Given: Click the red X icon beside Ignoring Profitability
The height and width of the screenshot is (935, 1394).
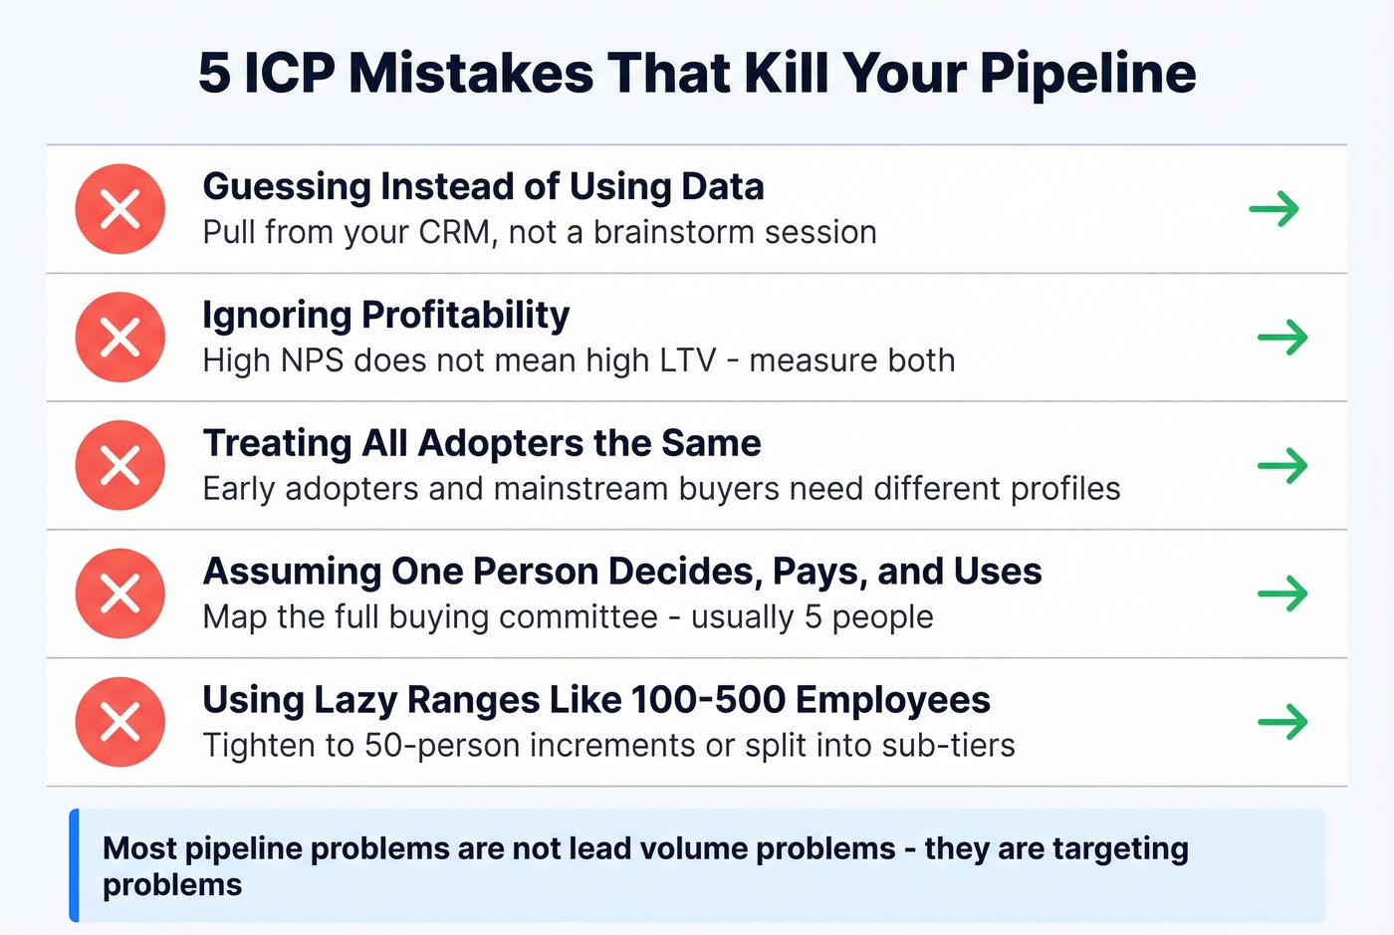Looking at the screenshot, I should pyautogui.click(x=120, y=337).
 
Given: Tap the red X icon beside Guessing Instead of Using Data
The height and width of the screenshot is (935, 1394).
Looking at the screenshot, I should pyautogui.click(x=120, y=209).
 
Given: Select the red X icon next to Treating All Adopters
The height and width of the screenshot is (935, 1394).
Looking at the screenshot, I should pyautogui.click(x=120, y=465).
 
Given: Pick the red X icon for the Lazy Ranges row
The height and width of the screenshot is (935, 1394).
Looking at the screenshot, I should pyautogui.click(x=120, y=722).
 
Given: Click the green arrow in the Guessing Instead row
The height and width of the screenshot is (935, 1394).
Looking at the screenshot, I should pyautogui.click(x=1275, y=209).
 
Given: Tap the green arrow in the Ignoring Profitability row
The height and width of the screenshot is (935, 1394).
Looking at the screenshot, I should pyautogui.click(x=1282, y=338).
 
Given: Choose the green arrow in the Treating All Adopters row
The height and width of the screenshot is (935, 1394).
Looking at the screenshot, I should pyautogui.click(x=1282, y=465).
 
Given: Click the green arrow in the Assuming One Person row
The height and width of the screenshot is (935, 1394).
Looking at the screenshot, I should pyautogui.click(x=1282, y=593).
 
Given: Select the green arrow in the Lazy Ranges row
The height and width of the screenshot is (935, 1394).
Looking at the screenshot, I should pyautogui.click(x=1282, y=722).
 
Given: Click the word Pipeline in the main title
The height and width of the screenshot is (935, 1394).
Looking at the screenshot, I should pyautogui.click(x=1087, y=74).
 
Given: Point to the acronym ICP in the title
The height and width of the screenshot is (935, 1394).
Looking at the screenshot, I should pyautogui.click(x=290, y=74).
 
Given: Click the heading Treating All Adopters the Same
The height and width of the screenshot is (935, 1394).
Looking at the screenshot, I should pyautogui.click(x=482, y=443).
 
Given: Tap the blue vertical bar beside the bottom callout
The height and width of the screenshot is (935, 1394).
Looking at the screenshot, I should pyautogui.click(x=74, y=865).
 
